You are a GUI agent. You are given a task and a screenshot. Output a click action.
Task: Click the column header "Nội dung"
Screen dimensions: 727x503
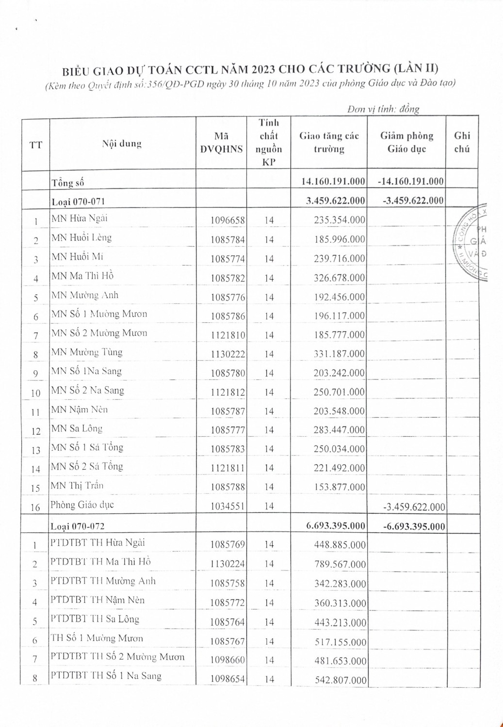pos(122,144)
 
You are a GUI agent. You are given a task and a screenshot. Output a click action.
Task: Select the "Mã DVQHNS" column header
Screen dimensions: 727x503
pos(222,142)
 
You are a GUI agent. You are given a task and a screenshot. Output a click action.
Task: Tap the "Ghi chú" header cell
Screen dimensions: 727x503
pos(462,142)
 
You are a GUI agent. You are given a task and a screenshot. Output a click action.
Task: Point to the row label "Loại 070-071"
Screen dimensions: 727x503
pos(78,201)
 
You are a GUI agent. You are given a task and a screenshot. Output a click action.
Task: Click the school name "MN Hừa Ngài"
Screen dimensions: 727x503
pos(80,218)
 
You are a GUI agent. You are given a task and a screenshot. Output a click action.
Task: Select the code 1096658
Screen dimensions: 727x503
pos(227,221)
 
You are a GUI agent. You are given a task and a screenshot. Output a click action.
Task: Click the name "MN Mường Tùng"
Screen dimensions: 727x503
pos(87,352)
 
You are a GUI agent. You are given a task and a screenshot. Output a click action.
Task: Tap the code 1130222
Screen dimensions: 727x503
pos(227,354)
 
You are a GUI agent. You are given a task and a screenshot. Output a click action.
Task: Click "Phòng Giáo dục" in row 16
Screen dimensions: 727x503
pos(82,505)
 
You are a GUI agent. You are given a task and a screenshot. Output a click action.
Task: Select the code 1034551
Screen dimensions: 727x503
pos(227,506)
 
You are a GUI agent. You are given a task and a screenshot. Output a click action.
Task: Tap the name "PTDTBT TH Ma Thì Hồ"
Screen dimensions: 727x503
pos(100,562)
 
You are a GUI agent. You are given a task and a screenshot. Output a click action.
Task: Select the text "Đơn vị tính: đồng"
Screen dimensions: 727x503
pos(383,110)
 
